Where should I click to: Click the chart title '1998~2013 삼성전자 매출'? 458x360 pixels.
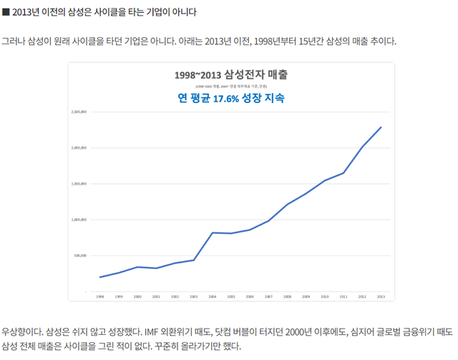click(230, 74)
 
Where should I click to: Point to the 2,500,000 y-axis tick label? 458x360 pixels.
click(79, 112)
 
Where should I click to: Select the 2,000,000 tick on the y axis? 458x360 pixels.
click(79, 148)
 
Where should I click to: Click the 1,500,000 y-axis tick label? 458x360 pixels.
click(79, 184)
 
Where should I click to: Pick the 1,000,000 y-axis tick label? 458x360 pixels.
click(79, 220)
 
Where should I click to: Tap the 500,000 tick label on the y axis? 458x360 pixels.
click(80, 256)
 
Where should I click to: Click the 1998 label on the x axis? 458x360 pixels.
click(100, 296)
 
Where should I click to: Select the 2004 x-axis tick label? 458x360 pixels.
click(213, 296)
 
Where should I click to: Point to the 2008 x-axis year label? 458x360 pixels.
click(287, 296)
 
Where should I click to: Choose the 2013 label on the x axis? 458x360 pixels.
click(381, 296)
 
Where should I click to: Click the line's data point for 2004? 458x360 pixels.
click(213, 233)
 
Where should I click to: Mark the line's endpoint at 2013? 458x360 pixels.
click(381, 127)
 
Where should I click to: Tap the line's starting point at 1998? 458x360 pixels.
click(100, 277)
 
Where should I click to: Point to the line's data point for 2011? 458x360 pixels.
click(343, 172)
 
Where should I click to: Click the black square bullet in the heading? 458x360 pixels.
click(6, 12)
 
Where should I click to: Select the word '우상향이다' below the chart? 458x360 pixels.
click(21, 331)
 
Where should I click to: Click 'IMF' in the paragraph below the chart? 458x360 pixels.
click(152, 331)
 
